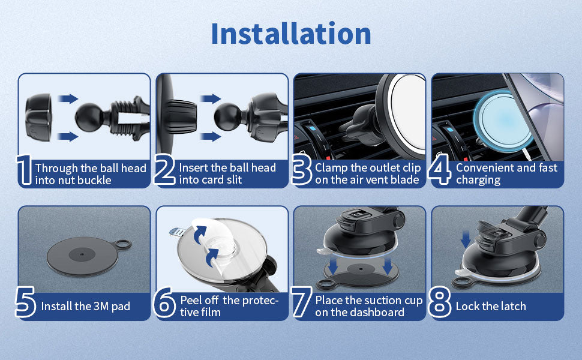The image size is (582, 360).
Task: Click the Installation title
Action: pos(291,34)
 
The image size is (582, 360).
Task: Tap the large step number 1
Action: pos(25,170)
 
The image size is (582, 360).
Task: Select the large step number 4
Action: pos(439,169)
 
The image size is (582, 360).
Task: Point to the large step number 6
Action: pos(164,302)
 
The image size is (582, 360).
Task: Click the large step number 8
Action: pos(439,302)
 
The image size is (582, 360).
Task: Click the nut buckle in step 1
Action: pos(39,117)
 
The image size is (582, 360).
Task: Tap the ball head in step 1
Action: pos(89,117)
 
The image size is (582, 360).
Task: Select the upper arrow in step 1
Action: pos(68,99)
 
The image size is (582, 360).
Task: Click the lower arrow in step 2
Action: pos(211,136)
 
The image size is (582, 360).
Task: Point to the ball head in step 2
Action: pos(227,116)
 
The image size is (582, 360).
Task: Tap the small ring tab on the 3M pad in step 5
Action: pos(123,244)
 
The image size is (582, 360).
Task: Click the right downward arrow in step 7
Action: pos(388,266)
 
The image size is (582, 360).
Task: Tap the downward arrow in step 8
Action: pos(466,239)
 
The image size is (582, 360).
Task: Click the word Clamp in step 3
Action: pos(331,168)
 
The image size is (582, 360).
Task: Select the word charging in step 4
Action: pos(478,181)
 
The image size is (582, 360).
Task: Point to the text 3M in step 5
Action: pos(101,306)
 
